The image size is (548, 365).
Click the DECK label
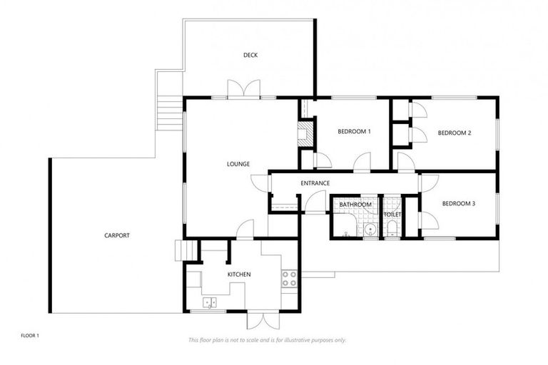[x=250, y=55]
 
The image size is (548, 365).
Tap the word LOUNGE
[x=238, y=164]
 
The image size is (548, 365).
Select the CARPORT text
[x=117, y=235]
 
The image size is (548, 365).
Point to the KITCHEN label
[x=239, y=274]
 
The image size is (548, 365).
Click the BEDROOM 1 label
[x=354, y=132]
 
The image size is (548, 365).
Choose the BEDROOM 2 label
[x=455, y=133]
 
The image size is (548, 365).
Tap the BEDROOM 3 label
[x=459, y=203]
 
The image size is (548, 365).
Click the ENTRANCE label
[x=315, y=183]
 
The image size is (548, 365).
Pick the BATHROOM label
[x=355, y=205]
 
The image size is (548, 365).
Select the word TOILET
[x=392, y=215]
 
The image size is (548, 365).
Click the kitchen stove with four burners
[x=289, y=278]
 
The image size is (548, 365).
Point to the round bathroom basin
[x=370, y=229]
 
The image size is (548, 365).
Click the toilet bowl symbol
[x=392, y=229]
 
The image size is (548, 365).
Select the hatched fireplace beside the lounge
[x=304, y=133]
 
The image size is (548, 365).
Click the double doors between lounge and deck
[x=243, y=91]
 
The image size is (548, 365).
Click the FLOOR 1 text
[x=30, y=334]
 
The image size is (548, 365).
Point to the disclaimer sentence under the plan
[x=268, y=340]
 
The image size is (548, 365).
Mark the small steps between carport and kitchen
[x=186, y=251]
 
